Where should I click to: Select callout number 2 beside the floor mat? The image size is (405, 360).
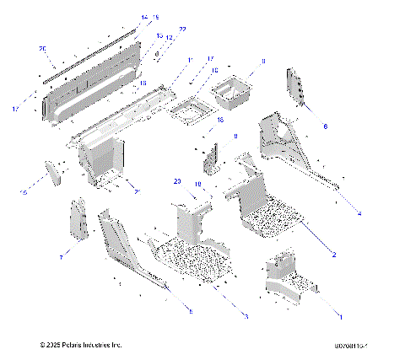[334, 254]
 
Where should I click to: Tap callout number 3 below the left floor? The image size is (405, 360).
[245, 316]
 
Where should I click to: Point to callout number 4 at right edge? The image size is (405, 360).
[359, 214]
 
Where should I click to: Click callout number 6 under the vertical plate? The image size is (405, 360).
[326, 126]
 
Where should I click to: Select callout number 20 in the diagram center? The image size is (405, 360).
[177, 181]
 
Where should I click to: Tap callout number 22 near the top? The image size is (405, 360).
[183, 30]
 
